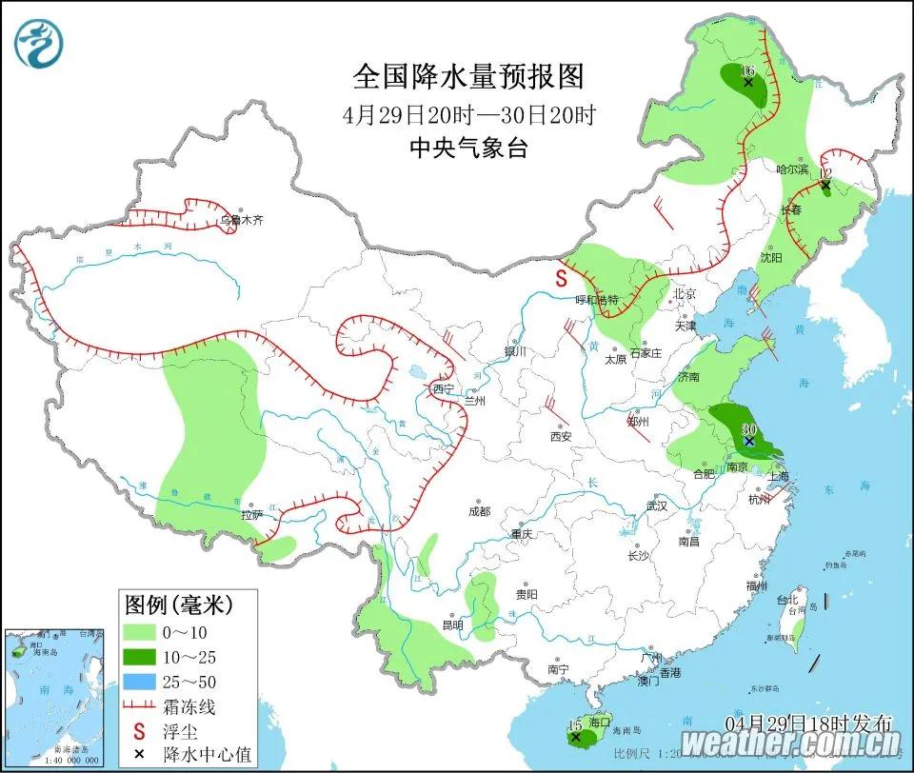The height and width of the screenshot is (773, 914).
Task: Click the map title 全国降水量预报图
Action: tap(468, 76)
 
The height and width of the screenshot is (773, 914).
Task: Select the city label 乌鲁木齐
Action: tap(241, 220)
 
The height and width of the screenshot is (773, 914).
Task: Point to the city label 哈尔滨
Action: tap(791, 168)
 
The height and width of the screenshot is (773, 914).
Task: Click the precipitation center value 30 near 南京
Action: tap(748, 429)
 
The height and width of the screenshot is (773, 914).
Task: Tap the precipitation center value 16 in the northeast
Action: tap(747, 71)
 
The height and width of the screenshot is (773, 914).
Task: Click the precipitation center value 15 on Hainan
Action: tap(574, 725)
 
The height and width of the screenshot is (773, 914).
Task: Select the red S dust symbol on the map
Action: tap(562, 279)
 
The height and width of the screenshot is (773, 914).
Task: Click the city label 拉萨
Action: tap(251, 514)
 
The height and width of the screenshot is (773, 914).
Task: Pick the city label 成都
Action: tap(479, 511)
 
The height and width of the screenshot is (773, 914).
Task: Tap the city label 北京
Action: tap(685, 294)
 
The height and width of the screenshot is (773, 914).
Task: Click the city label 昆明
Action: tap(452, 625)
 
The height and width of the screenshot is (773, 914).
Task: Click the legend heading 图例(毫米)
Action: tap(178, 604)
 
